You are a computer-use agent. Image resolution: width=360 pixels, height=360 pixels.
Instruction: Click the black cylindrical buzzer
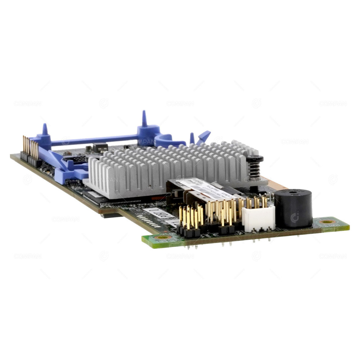coord(293,209)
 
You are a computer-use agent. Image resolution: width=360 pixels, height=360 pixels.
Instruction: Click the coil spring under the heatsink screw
coord(255,169)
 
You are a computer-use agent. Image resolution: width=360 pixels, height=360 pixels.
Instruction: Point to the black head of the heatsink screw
coord(255,158)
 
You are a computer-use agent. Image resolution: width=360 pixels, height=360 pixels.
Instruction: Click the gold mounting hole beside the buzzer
coord(327,222)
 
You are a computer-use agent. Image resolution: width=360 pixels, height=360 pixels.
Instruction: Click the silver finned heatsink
coord(166,166)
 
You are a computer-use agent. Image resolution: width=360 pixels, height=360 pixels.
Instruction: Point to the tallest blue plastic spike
coord(144,119)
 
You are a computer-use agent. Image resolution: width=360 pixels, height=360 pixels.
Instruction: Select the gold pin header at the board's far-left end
coord(30,148)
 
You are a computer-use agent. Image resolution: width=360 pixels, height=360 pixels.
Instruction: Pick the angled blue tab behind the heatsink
coord(203,137)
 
